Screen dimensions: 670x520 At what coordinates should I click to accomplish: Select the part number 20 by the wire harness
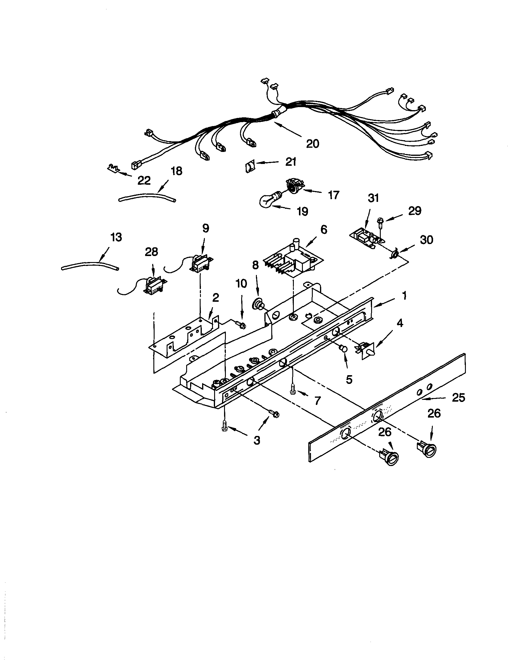pyautogui.click(x=312, y=143)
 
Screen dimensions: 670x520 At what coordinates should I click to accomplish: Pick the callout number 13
pyautogui.click(x=116, y=237)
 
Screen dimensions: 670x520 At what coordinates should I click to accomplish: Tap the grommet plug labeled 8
pyautogui.click(x=257, y=305)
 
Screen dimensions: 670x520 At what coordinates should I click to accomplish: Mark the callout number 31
pyautogui.click(x=373, y=199)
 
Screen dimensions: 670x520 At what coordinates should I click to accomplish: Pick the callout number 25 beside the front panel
pyautogui.click(x=458, y=398)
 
